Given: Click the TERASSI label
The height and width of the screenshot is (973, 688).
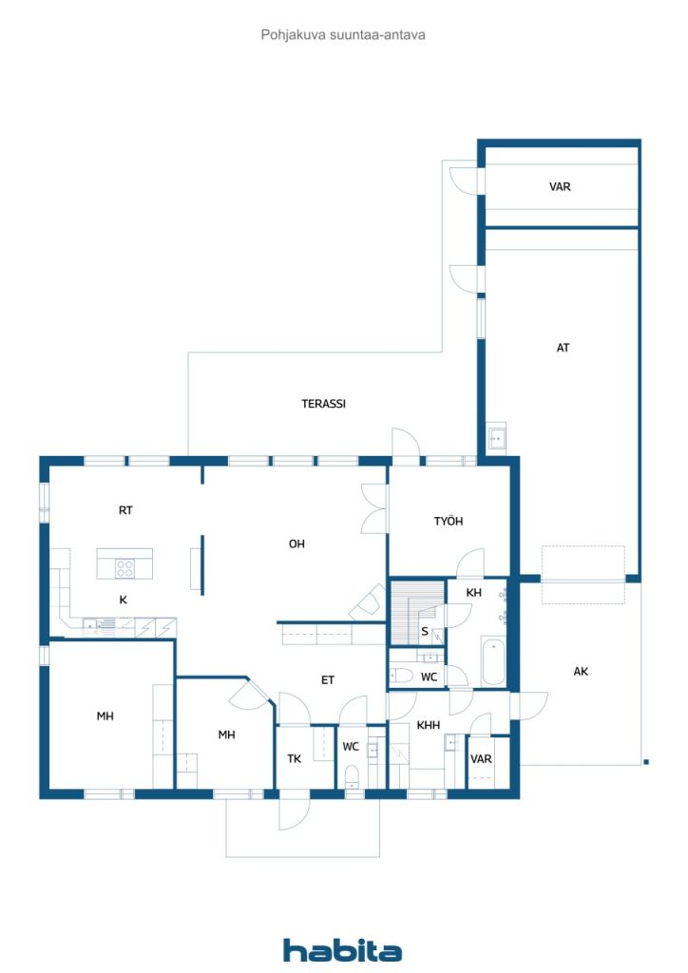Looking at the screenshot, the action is [x=323, y=404].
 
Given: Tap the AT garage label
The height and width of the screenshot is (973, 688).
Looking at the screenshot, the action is [x=563, y=348].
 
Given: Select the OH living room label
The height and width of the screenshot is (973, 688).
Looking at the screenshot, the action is [x=296, y=544].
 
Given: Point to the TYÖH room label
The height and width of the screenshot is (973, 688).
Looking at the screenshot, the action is [x=449, y=522].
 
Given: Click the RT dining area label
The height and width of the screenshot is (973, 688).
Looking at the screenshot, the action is [x=125, y=510].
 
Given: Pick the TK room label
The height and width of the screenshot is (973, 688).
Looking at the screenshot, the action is [x=294, y=759].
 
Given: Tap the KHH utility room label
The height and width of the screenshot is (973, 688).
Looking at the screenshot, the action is [x=428, y=725].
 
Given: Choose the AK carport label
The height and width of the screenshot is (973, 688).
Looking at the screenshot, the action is [x=581, y=672].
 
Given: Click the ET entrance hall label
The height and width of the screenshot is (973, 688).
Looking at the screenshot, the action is [x=328, y=680].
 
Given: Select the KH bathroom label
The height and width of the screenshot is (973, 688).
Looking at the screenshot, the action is [x=473, y=593].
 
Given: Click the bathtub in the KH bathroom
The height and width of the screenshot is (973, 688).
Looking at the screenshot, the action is [x=494, y=661].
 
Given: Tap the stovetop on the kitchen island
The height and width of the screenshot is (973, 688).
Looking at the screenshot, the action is [x=124, y=568].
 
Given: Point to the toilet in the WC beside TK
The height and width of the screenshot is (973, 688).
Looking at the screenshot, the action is [x=352, y=776].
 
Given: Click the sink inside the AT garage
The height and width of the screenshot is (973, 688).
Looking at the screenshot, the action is [x=496, y=438].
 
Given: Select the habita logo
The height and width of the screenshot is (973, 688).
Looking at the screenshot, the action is [x=342, y=950].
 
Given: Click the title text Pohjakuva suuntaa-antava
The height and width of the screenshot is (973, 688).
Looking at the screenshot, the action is [x=343, y=35].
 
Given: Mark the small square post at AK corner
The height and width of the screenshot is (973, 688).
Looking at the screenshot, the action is [x=646, y=762].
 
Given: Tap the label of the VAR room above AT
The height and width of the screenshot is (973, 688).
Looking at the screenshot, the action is [x=560, y=187].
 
